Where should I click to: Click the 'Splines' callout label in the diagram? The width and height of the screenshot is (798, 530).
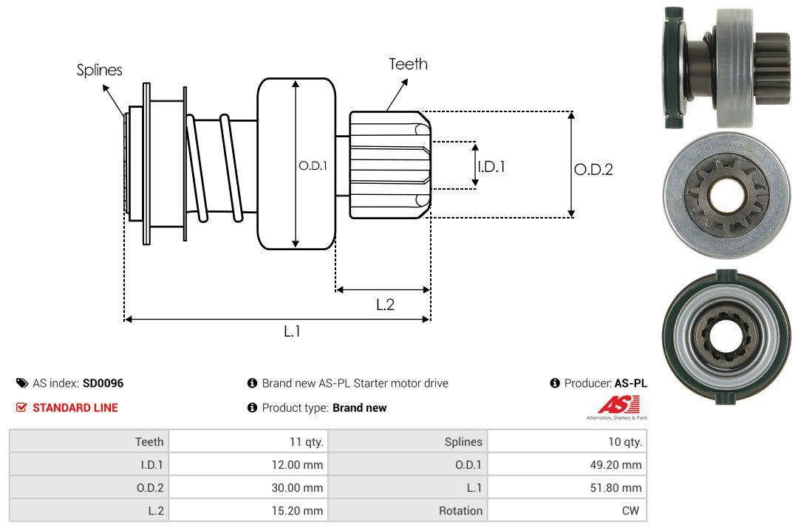(99, 70)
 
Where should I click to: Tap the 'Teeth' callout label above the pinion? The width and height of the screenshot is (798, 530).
(408, 64)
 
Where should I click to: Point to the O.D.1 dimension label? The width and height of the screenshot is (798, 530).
(312, 166)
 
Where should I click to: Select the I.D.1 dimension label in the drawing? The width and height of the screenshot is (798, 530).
(491, 167)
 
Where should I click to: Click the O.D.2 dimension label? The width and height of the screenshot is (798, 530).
(593, 170)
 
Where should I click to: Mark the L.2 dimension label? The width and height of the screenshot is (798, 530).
(385, 304)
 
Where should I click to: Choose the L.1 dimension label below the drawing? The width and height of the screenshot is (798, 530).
(293, 331)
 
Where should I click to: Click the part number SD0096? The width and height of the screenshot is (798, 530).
(103, 383)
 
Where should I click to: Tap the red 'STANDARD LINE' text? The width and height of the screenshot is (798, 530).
(75, 407)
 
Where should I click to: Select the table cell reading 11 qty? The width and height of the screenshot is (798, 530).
(306, 442)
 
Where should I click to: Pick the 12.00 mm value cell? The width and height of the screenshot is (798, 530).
(299, 465)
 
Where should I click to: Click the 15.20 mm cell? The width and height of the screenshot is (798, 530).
(299, 510)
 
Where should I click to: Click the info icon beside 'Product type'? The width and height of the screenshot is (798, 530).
(252, 407)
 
